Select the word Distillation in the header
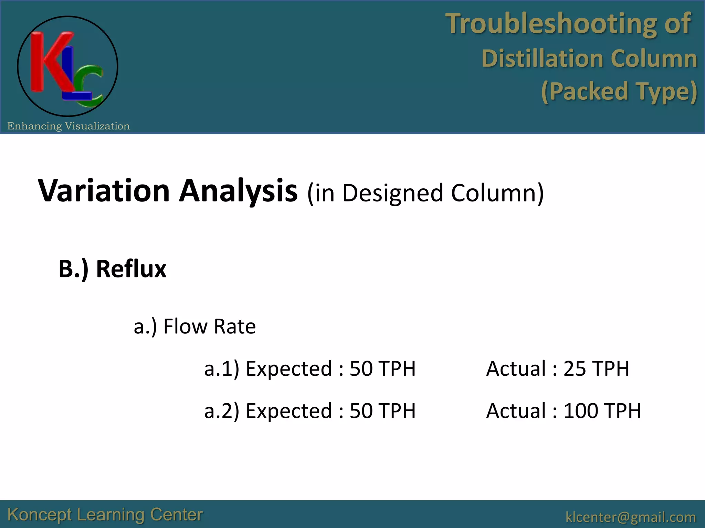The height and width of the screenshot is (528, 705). tap(542, 58)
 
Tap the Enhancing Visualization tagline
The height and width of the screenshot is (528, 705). tap(69, 126)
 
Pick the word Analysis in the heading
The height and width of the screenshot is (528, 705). tap(238, 191)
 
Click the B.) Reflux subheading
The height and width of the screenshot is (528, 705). tap(112, 269)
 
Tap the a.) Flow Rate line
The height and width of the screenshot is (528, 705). tap(195, 326)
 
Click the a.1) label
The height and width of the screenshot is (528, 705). tap(221, 369)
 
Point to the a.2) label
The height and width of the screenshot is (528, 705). tap(221, 411)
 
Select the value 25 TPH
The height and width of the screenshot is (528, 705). tap(596, 369)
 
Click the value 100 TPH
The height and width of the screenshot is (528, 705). tap(602, 411)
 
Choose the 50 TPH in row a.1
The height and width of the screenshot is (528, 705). tap(382, 369)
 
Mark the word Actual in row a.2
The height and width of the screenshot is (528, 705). tap(516, 411)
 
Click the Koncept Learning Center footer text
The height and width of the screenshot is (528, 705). tap(105, 515)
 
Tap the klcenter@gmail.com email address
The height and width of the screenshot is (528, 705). tap(631, 517)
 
